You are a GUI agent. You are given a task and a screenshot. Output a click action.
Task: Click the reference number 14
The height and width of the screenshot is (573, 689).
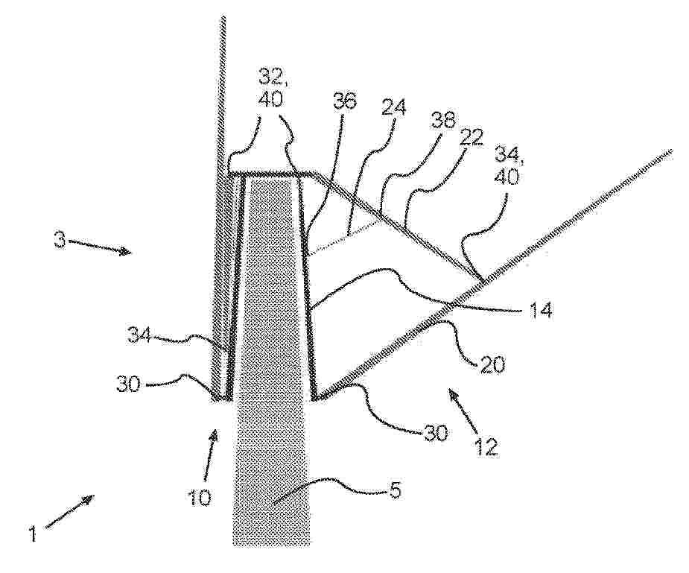tap(537, 310)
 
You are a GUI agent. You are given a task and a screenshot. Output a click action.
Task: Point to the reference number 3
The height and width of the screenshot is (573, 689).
tap(60, 241)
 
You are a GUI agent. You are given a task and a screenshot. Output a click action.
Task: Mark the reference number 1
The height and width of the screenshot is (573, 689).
tap(31, 536)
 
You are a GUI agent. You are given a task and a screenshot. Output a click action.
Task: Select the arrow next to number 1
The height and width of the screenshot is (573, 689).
tap(69, 510)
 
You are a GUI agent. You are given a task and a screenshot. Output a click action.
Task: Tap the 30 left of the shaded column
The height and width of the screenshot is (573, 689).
tap(128, 385)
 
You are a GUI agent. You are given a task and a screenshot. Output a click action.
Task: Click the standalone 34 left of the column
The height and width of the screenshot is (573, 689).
tap(140, 337)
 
